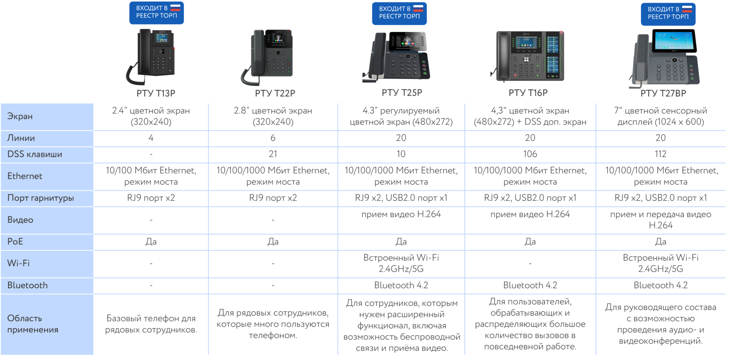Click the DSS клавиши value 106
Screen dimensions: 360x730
click(530, 154)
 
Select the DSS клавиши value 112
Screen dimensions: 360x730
click(660, 154)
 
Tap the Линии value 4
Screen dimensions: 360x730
click(151, 138)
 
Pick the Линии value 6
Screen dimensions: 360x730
click(273, 138)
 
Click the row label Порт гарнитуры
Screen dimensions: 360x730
click(40, 198)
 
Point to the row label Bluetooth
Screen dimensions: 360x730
click(27, 285)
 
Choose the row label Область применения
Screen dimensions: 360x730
click(33, 324)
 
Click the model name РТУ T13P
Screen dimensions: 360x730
click(156, 93)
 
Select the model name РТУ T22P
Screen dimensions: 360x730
click(275, 93)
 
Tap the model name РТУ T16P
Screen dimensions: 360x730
click(528, 93)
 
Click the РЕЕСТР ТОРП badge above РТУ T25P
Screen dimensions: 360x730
click(399, 13)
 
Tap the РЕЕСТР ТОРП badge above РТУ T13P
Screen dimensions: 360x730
click(156, 13)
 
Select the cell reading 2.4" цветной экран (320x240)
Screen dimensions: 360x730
click(151, 116)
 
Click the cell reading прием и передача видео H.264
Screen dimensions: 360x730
click(660, 220)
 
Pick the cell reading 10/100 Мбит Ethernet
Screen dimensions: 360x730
click(151, 176)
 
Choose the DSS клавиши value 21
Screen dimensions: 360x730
click(273, 154)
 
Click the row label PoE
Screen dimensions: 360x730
click(15, 242)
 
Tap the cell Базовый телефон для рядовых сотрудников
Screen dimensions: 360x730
click(151, 324)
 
